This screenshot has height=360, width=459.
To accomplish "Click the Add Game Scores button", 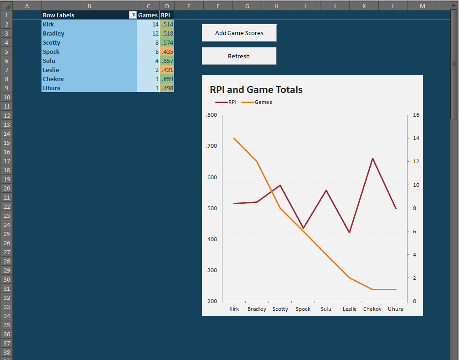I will tap(239, 33).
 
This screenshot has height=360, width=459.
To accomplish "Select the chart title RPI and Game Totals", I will tap(256, 90).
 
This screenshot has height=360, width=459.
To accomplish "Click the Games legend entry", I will tap(263, 102).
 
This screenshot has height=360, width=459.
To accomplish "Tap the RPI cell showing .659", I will tap(167, 79).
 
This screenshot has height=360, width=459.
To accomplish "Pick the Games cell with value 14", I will tap(148, 24).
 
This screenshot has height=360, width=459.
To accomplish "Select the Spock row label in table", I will tap(51, 51).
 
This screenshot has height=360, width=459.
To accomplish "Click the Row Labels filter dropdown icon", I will tap(132, 15).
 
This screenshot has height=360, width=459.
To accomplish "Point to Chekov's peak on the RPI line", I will tap(372, 159).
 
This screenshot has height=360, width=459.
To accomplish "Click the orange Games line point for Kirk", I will tap(234, 138).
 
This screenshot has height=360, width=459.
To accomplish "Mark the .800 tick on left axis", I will tap(211, 115).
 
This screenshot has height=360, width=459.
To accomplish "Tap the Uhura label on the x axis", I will tap(395, 309).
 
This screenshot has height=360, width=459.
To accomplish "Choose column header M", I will tap(422, 5).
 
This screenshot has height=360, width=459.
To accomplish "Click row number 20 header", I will tap(6, 188).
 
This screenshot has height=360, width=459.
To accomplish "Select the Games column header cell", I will tap(148, 15).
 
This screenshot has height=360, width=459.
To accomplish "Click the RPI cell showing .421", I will tap(167, 70).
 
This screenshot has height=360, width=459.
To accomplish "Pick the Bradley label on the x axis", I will tap(257, 309).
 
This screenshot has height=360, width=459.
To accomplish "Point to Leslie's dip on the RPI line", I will tap(349, 233).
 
